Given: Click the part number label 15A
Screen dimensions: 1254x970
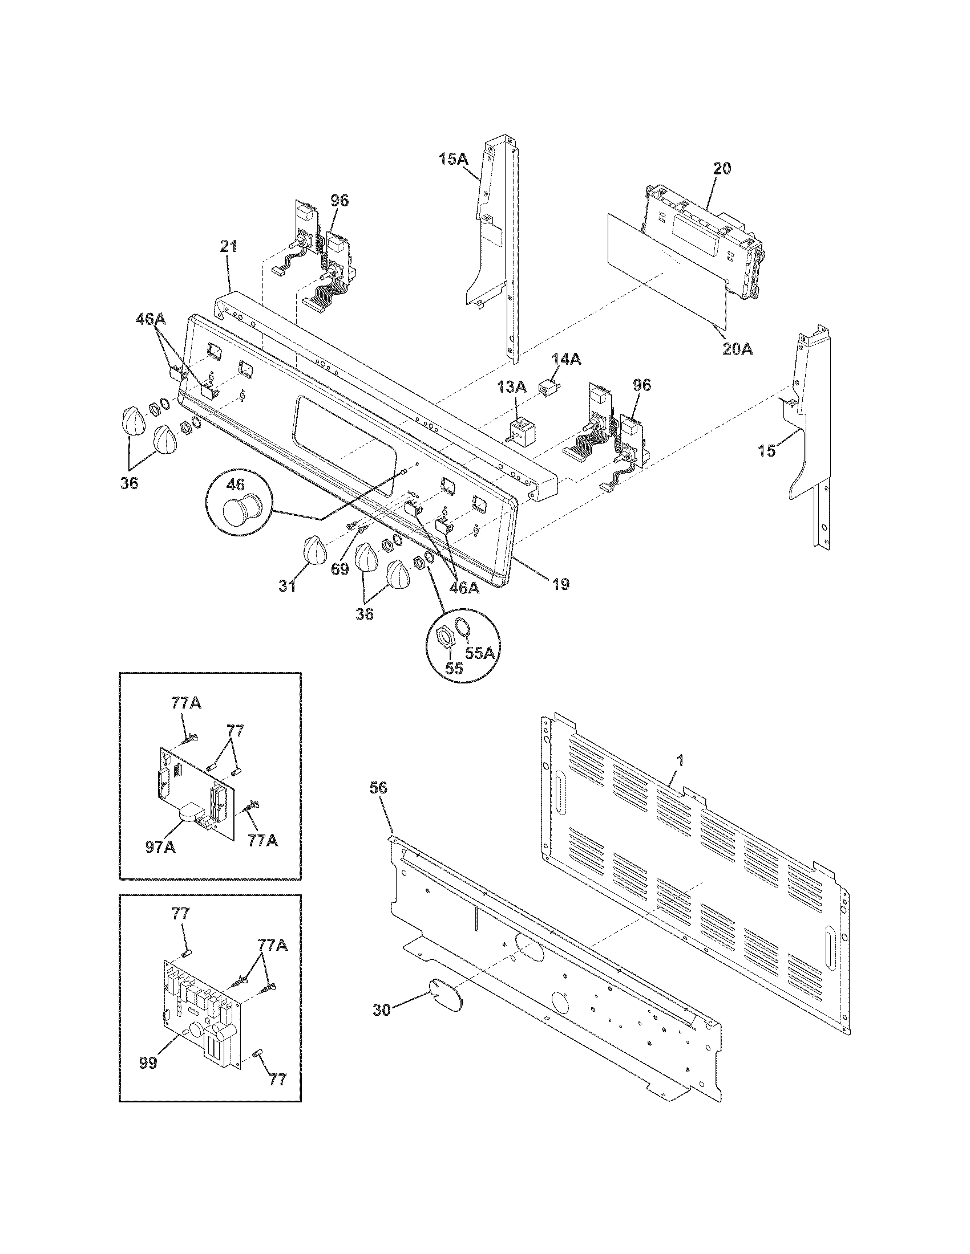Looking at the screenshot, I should pos(454,159).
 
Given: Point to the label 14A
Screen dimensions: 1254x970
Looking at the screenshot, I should pos(567,360).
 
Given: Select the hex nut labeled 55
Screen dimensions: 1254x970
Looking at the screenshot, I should pos(445,637).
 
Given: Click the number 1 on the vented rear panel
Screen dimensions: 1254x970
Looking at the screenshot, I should pos(680,761).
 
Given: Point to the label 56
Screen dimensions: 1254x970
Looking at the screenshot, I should pos(379,788).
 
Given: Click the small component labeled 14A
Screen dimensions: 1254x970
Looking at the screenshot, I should pos(548,388).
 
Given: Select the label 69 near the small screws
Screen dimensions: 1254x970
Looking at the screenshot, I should pos(339,569).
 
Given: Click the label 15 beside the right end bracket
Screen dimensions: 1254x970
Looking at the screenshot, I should pos(766,451).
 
